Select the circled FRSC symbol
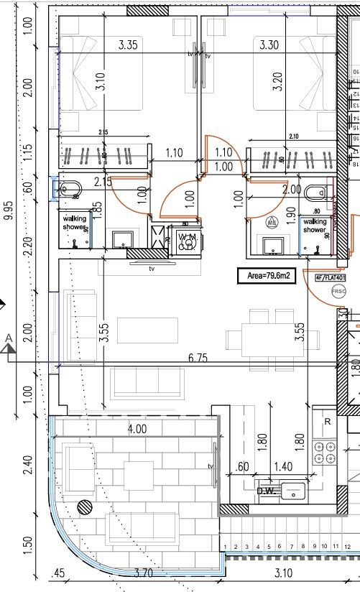[337, 292]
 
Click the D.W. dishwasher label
[266, 491]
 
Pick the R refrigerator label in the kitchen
[327, 422]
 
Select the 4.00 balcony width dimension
[137, 429]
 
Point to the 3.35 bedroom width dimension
[128, 45]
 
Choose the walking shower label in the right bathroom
[315, 226]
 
